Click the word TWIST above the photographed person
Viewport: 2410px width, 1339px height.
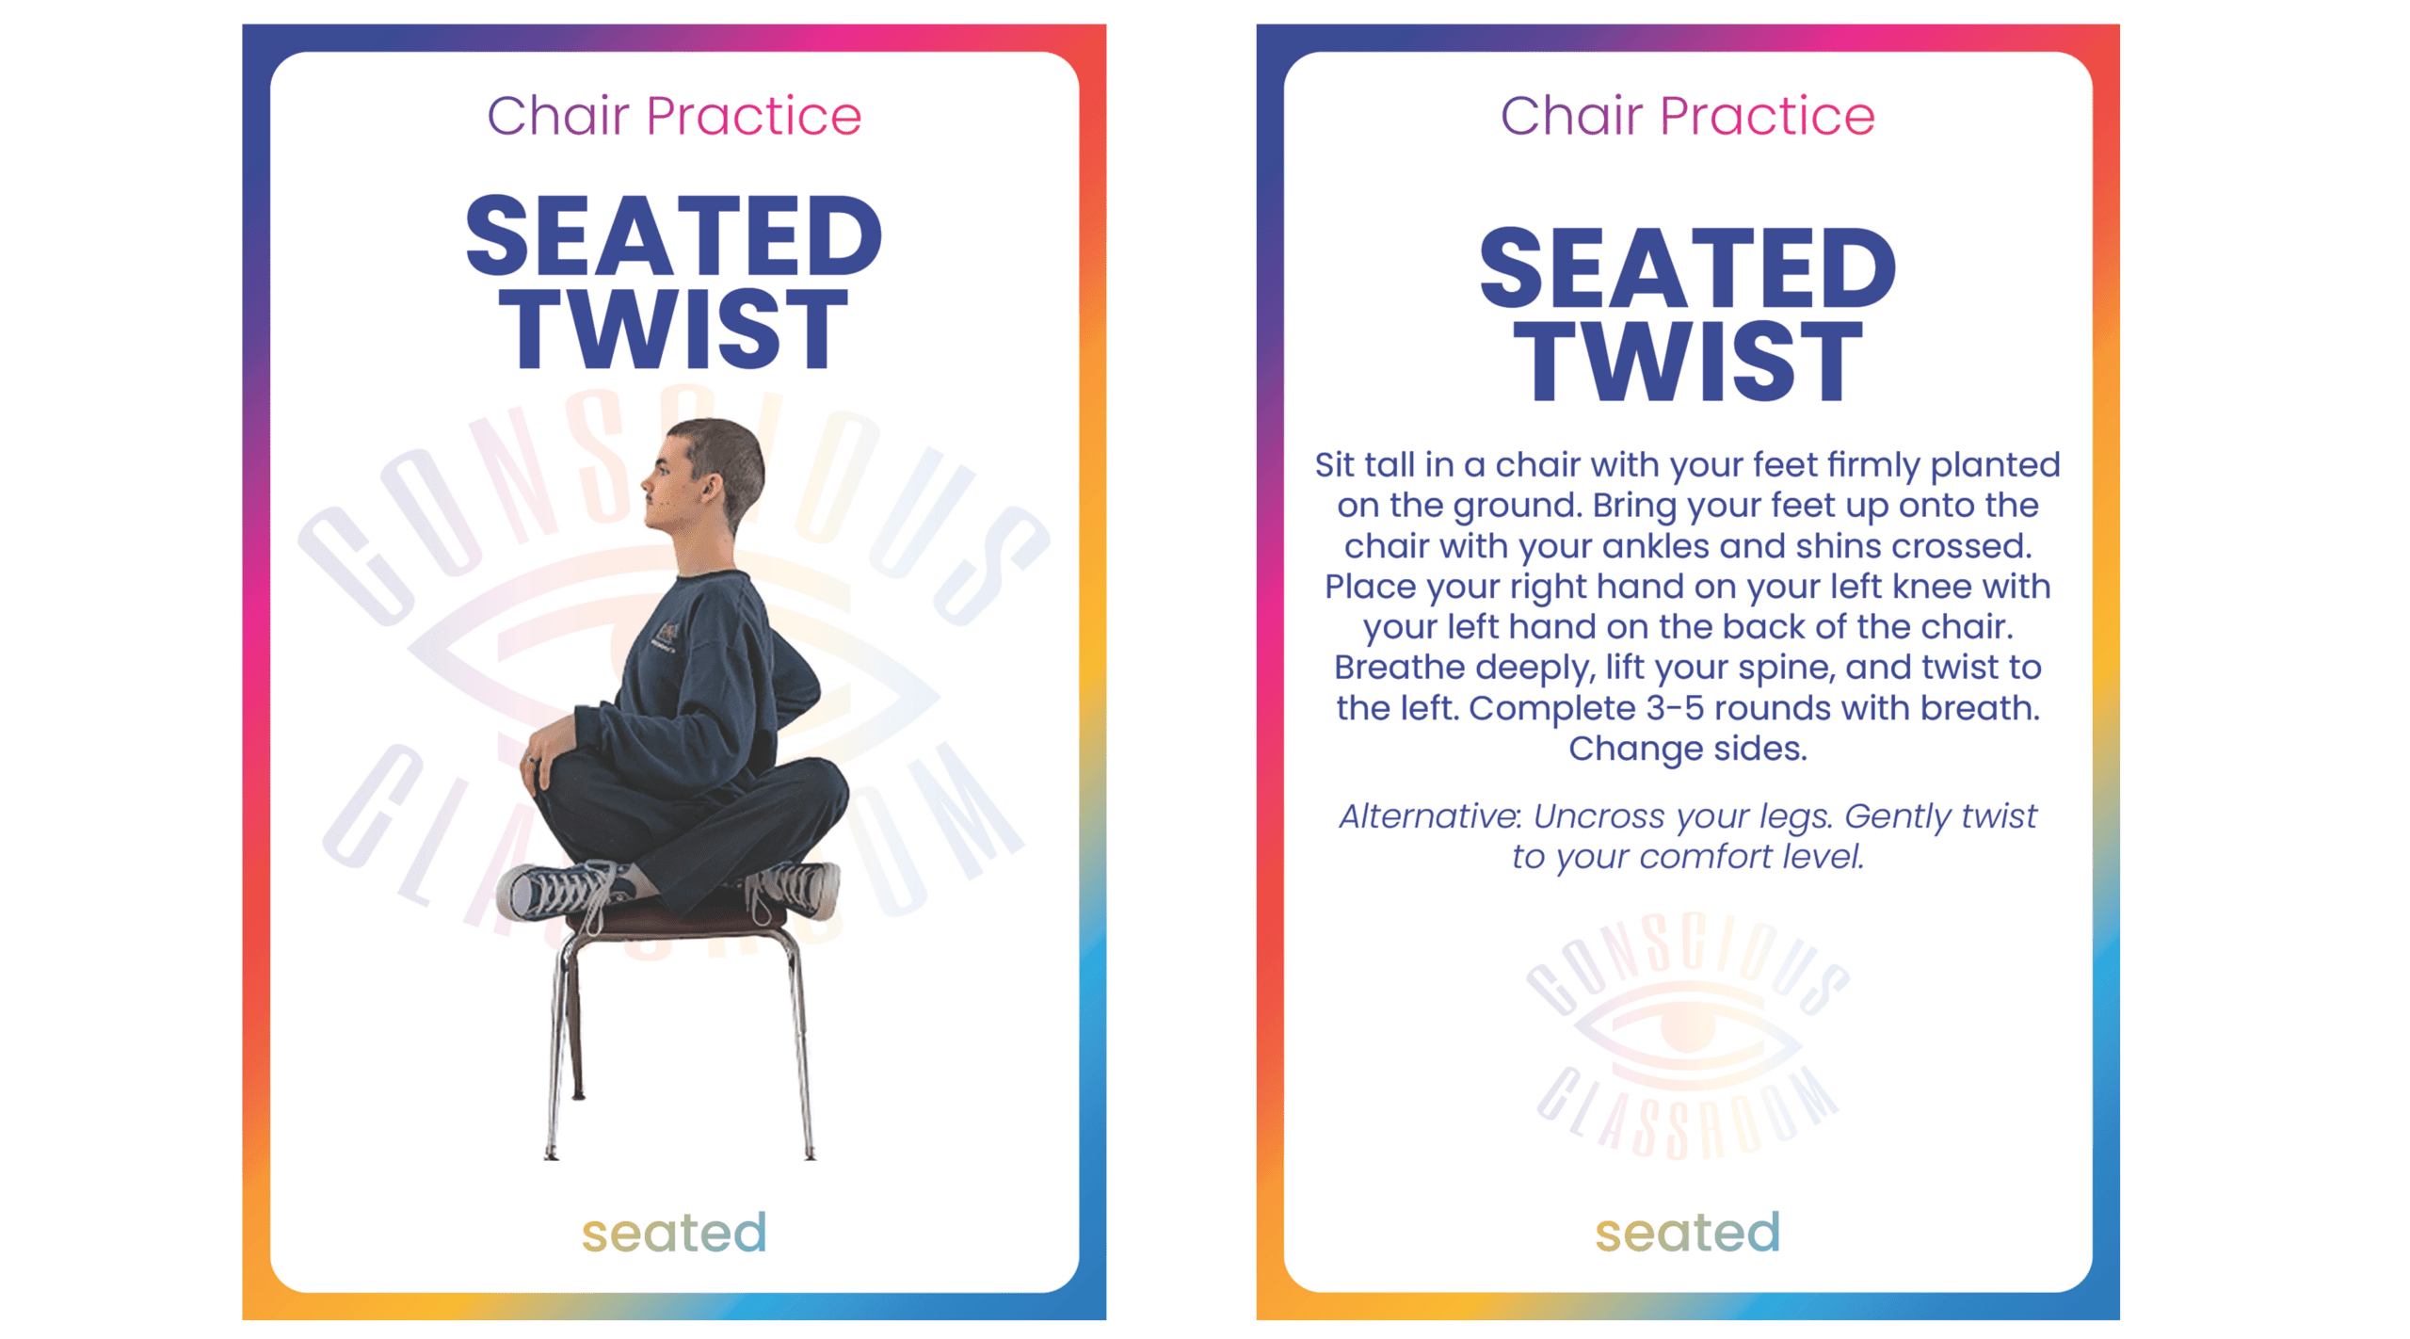[x=673, y=329]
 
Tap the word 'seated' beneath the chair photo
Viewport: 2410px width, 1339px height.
[x=674, y=1233]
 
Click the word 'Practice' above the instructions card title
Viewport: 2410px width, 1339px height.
[x=1767, y=116]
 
